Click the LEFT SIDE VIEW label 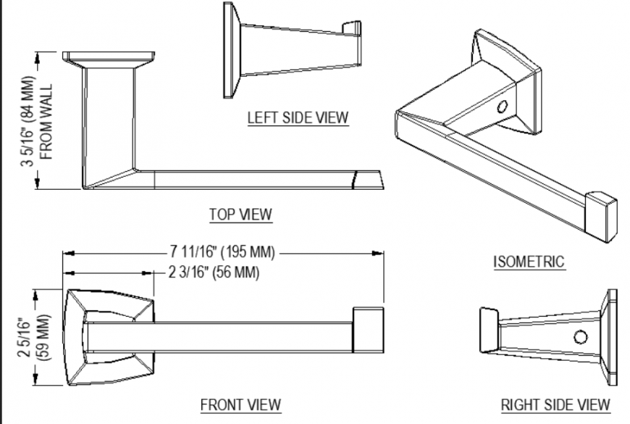(x=298, y=117)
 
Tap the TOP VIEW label (x=240, y=214)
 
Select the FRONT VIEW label (x=240, y=404)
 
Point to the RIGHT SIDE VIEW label (x=555, y=404)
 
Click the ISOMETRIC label (x=529, y=262)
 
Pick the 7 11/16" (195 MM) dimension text (x=222, y=252)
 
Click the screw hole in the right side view (x=580, y=336)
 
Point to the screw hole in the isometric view (x=501, y=108)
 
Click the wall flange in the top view (x=109, y=56)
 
